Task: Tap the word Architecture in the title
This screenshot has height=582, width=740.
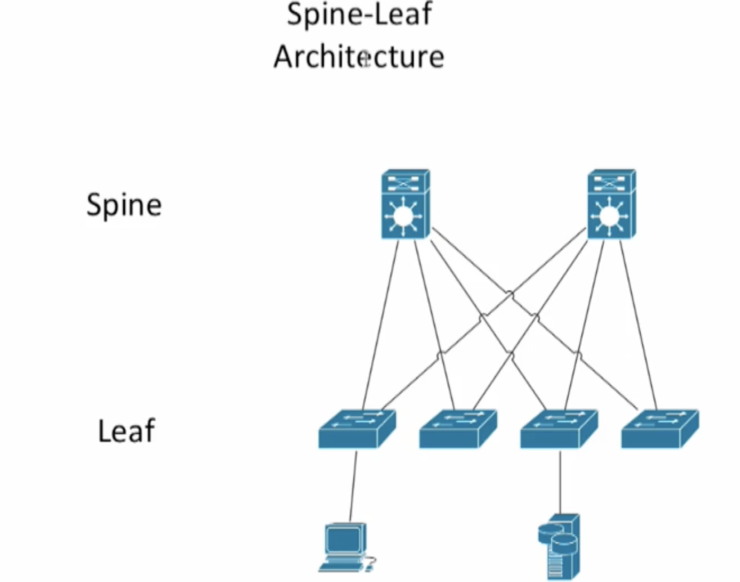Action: click(x=359, y=56)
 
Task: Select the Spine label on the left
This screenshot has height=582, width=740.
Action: click(x=124, y=205)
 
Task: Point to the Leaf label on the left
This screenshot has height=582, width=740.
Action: click(x=126, y=431)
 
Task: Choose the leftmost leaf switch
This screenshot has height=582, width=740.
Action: click(x=357, y=429)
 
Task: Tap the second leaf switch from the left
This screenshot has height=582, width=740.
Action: click(x=457, y=429)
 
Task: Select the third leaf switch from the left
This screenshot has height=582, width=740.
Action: click(x=558, y=429)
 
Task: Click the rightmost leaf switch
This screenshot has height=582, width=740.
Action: click(x=659, y=429)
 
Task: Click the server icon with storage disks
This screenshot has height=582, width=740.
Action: click(x=560, y=546)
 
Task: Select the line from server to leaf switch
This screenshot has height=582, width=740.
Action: click(x=560, y=482)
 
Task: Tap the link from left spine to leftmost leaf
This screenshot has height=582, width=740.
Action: click(x=380, y=324)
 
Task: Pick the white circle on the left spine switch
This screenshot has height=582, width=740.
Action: click(x=403, y=216)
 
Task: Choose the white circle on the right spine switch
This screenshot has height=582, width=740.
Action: click(x=609, y=216)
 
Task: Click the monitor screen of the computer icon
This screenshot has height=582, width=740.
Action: click(x=343, y=539)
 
